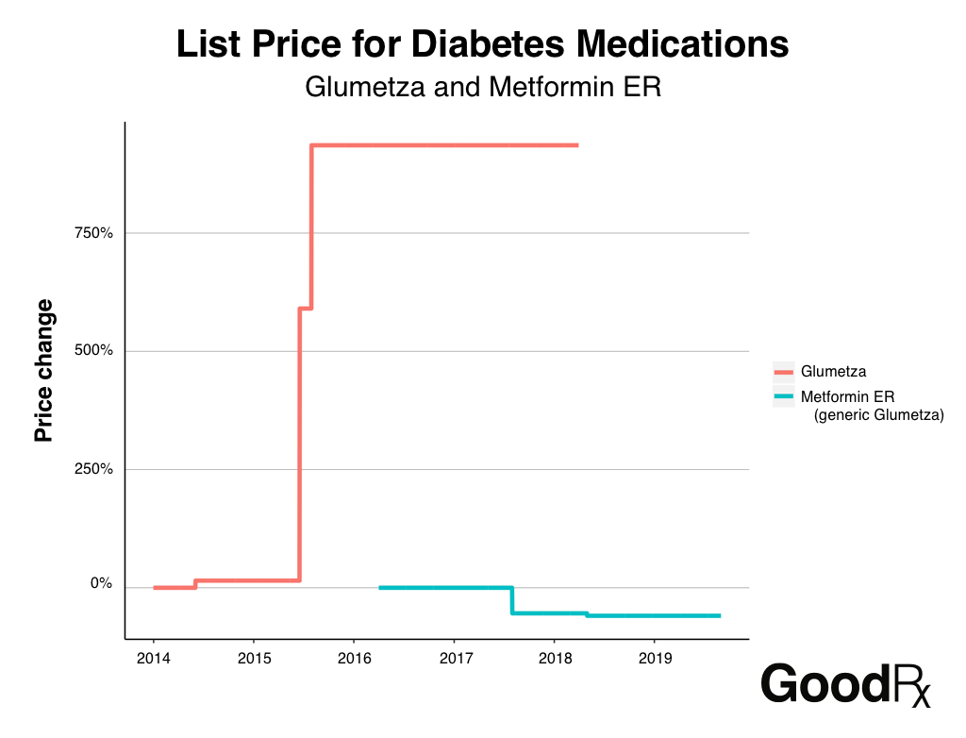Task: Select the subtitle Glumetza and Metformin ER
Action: (x=483, y=88)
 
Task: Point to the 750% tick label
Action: (x=93, y=233)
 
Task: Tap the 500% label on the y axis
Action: (x=93, y=351)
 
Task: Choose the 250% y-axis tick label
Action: (x=93, y=469)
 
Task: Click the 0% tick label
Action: (x=101, y=583)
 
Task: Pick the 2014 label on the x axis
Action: (x=154, y=657)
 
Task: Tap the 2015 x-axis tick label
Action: (x=254, y=657)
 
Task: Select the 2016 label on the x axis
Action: (x=354, y=657)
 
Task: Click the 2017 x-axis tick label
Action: (x=455, y=657)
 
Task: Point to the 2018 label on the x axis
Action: (x=555, y=657)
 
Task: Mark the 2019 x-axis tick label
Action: (x=655, y=657)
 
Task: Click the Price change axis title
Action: (x=43, y=371)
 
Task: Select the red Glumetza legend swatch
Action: (x=784, y=372)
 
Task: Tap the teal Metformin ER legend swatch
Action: (x=784, y=395)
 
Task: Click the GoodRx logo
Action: (x=845, y=684)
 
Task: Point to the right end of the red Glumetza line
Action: (x=576, y=145)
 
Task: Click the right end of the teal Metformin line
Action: (x=719, y=615)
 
